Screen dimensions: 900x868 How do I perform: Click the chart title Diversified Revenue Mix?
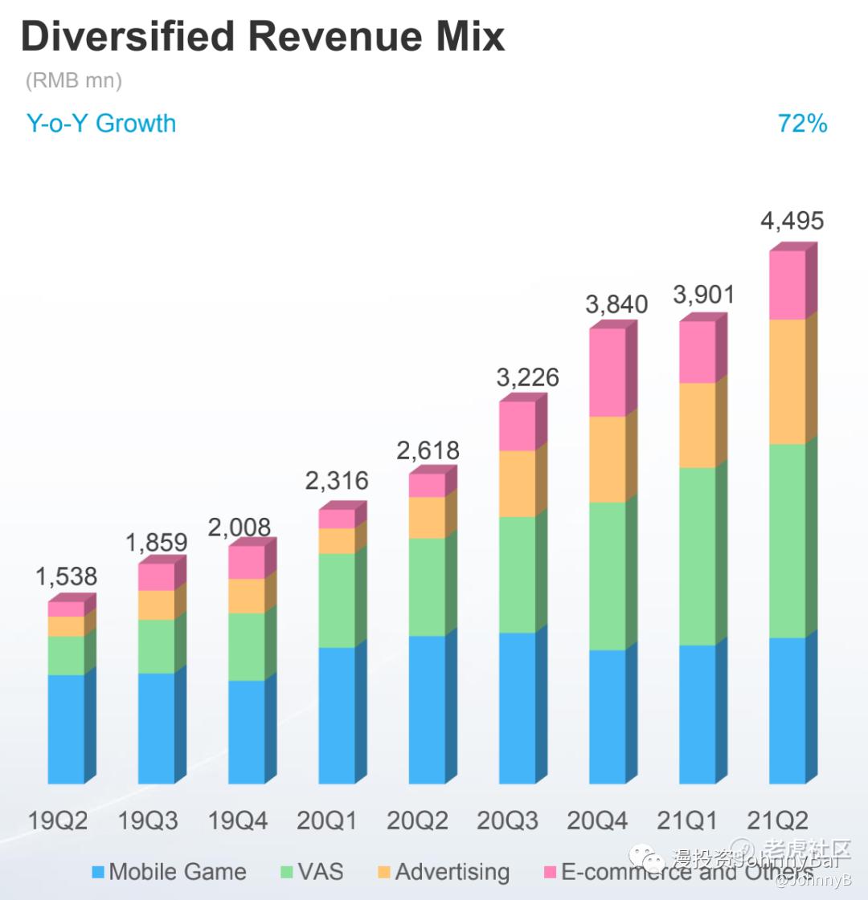[x=263, y=37]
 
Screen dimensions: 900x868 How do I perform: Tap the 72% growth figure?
[x=802, y=124]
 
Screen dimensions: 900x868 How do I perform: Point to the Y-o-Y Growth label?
[x=101, y=124]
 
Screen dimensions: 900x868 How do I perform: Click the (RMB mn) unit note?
[x=74, y=80]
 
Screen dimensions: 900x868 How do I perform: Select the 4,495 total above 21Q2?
[x=792, y=221]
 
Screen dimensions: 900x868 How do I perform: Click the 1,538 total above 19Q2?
[x=66, y=576]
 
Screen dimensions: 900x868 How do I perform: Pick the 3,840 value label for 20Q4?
[x=616, y=305]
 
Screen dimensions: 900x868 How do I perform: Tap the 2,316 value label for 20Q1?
[x=337, y=481]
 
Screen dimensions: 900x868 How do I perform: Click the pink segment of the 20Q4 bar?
[x=608, y=372]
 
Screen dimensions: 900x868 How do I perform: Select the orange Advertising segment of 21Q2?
[x=788, y=381]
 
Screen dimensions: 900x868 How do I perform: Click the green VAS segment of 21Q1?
[x=698, y=556]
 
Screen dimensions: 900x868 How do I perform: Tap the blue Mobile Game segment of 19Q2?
[x=66, y=728]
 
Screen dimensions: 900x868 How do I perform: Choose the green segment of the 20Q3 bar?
[x=518, y=574]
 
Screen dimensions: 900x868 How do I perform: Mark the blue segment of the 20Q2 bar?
[x=427, y=709]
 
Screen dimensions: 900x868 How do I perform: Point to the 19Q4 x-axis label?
[x=238, y=821]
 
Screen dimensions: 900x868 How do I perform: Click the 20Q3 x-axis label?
[x=508, y=821]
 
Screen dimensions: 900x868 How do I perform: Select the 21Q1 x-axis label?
[x=688, y=821]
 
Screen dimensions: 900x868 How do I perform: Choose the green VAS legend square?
[x=287, y=872]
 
